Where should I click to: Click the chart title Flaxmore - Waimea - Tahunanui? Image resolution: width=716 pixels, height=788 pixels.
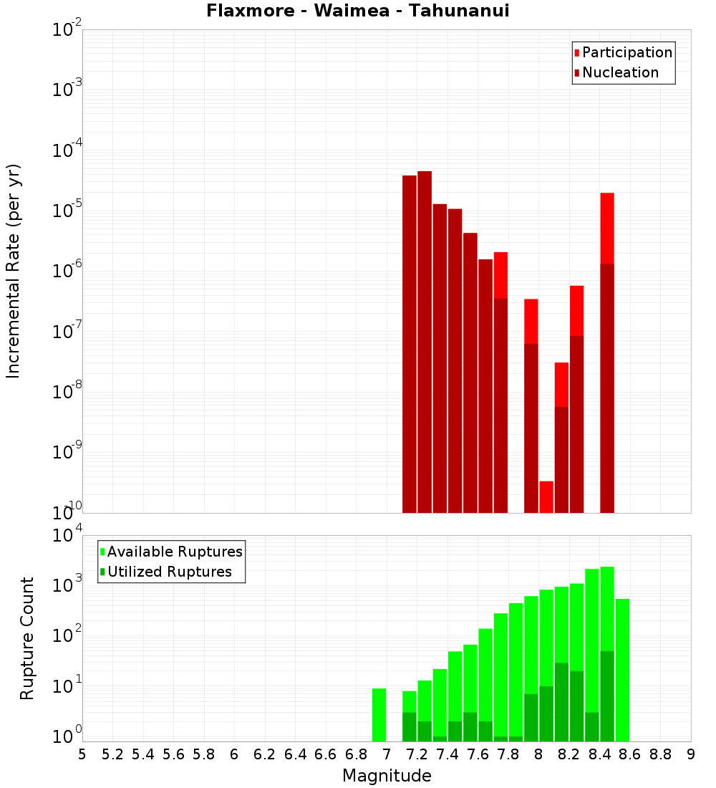pyautogui.click(x=357, y=11)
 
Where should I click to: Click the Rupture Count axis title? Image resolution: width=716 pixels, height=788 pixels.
pyautogui.click(x=27, y=638)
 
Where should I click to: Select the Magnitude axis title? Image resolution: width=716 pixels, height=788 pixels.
pyautogui.click(x=387, y=776)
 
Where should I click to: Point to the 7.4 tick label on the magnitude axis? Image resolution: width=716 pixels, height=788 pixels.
pyautogui.click(x=447, y=754)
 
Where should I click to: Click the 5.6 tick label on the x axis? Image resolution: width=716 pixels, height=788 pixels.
pyautogui.click(x=173, y=754)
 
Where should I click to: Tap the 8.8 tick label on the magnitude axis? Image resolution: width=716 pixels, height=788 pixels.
pyautogui.click(x=660, y=754)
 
